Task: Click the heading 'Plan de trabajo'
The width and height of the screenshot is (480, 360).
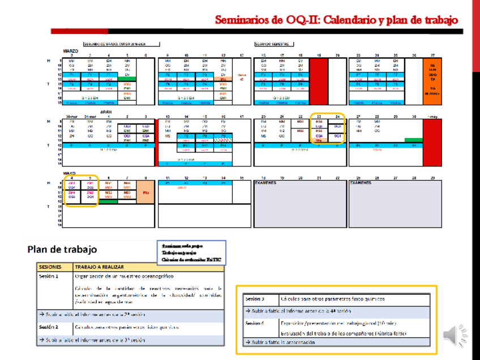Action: pyautogui.click(x=62, y=249)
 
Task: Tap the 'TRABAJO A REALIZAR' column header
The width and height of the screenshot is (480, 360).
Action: pyautogui.click(x=99, y=267)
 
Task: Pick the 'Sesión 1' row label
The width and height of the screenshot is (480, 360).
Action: pyautogui.click(x=49, y=277)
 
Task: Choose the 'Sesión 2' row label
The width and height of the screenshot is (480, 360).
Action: pyautogui.click(x=49, y=327)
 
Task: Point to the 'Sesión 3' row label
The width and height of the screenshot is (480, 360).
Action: pyautogui.click(x=255, y=298)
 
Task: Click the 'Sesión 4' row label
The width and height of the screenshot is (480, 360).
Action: pyautogui.click(x=255, y=323)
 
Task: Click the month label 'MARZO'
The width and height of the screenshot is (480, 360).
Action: pyautogui.click(x=71, y=50)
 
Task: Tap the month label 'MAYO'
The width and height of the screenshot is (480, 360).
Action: pyautogui.click(x=70, y=173)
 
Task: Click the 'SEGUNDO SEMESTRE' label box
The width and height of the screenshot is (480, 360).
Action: pyautogui.click(x=274, y=44)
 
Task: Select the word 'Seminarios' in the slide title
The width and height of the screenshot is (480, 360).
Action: pyautogui.click(x=243, y=20)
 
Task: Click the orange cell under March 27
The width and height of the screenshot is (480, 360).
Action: pyautogui.click(x=432, y=79)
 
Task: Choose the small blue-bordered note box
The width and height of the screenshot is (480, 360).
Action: pyautogui.click(x=191, y=253)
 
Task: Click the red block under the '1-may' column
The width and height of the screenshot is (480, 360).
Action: pyautogui.click(x=432, y=142)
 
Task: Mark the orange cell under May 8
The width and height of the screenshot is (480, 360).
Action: pyautogui.click(x=145, y=191)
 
